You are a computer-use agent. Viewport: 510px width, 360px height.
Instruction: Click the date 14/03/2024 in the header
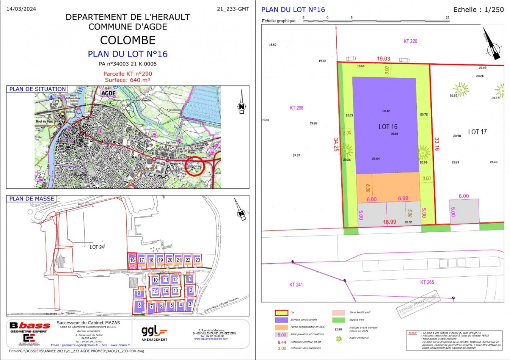[21, 9]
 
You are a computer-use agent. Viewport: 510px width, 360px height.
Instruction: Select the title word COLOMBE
[128, 40]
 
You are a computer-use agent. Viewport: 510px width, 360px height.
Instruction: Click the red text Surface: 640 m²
[128, 80]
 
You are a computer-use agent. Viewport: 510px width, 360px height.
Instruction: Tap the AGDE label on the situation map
[108, 93]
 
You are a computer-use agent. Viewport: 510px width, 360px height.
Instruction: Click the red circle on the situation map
[195, 166]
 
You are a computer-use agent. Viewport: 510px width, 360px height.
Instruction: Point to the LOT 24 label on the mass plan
[97, 247]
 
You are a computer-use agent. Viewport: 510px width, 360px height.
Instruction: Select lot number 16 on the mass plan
[132, 260]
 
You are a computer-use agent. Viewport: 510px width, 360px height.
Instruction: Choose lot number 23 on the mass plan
[198, 260]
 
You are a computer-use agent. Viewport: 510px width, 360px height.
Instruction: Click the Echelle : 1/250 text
[479, 10]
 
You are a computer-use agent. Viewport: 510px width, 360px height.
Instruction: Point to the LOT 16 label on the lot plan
[388, 127]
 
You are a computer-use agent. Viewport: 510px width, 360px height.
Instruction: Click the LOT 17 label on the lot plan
[477, 132]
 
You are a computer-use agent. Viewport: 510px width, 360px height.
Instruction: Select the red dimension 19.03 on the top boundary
[383, 59]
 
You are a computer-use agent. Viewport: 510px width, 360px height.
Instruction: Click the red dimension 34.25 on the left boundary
[336, 145]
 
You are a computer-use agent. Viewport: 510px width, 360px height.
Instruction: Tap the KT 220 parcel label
[410, 41]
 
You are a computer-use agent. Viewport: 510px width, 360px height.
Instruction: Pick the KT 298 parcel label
[297, 108]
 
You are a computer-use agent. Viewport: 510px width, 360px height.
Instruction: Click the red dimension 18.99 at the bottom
[389, 222]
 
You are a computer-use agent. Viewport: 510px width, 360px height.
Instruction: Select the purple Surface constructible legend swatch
[281, 320]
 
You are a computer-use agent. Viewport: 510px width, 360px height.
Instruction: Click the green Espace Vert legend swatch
[339, 320]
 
